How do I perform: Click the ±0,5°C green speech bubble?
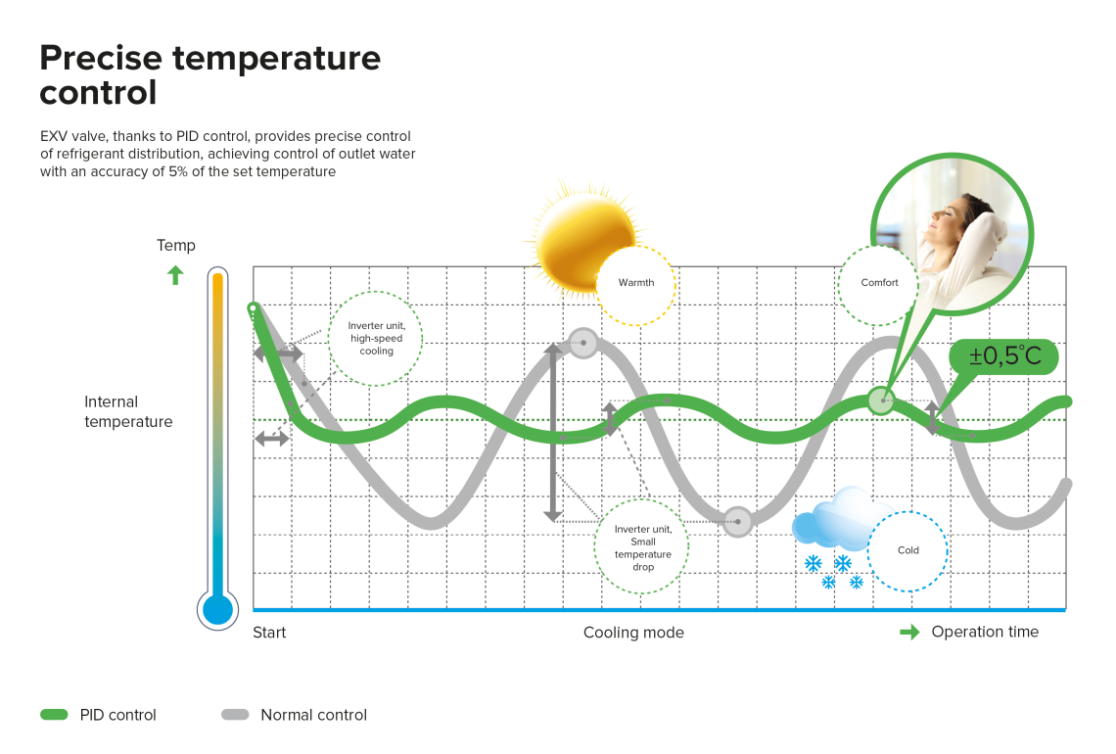(1003, 356)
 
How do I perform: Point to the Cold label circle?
(908, 551)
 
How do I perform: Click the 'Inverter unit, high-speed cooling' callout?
(376, 338)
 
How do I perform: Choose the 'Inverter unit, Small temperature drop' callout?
(642, 546)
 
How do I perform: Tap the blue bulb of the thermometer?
(217, 610)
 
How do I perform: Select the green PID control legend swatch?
(54, 714)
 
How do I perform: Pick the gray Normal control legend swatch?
(235, 714)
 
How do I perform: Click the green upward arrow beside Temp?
(175, 275)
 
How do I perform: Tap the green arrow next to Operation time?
(909, 633)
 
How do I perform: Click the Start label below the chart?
(269, 633)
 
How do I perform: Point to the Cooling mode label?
(633, 633)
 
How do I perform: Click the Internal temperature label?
(128, 411)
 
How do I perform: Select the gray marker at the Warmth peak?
(583, 343)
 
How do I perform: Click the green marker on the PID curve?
(882, 401)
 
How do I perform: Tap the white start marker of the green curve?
(253, 308)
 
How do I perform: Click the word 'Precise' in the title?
(101, 58)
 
